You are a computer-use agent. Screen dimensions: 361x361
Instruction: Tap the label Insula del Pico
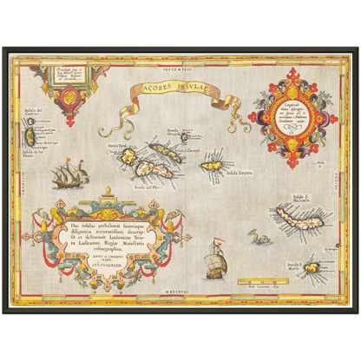click(x=126, y=187)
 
